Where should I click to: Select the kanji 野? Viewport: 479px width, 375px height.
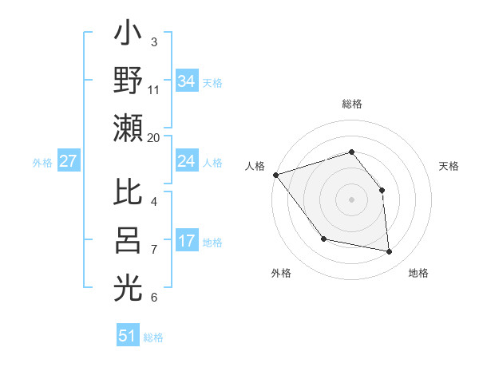[x=128, y=81]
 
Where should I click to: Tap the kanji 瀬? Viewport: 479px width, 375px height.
[x=128, y=128]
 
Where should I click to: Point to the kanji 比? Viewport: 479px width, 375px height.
[x=128, y=193]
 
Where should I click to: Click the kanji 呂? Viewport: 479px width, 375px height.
[x=128, y=241]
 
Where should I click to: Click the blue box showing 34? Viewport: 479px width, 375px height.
[x=187, y=81]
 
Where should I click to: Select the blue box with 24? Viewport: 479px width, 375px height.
[x=187, y=161]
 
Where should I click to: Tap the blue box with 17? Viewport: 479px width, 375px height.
[x=187, y=241]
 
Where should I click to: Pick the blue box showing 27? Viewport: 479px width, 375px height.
[x=68, y=161]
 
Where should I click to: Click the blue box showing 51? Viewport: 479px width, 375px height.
[x=128, y=336]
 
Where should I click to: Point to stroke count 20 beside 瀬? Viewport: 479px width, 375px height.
[x=154, y=137]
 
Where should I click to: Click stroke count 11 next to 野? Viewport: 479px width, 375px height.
[x=154, y=89]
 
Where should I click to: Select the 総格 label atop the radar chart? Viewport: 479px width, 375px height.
[x=351, y=104]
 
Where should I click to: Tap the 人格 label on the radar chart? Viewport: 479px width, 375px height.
[x=255, y=166]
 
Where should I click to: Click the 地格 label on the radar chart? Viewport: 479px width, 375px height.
[x=418, y=273]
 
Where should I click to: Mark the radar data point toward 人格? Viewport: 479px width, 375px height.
[x=275, y=175]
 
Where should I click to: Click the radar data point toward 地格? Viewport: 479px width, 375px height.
[x=390, y=252]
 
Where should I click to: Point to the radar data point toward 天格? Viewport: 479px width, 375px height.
[x=382, y=190]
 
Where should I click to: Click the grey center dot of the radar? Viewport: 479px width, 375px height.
[x=351, y=199]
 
